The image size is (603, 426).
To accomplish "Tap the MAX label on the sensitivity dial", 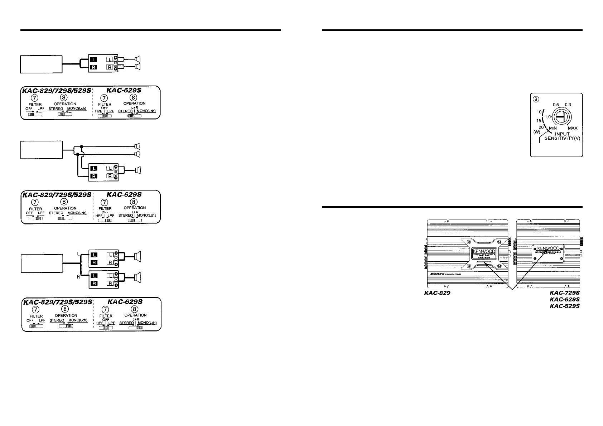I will pos(572,128).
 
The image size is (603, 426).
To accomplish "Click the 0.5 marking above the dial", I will pos(555,105).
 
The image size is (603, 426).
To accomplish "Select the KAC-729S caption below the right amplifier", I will pos(565,292).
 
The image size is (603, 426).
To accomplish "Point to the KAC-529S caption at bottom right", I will pos(565,306).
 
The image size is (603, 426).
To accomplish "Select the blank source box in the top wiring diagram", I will pos(41,64).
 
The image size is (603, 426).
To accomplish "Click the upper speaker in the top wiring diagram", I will pos(138,59).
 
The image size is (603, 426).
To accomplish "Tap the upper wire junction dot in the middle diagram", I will pos(82,146).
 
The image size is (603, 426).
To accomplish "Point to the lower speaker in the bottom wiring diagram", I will pos(138,277).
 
